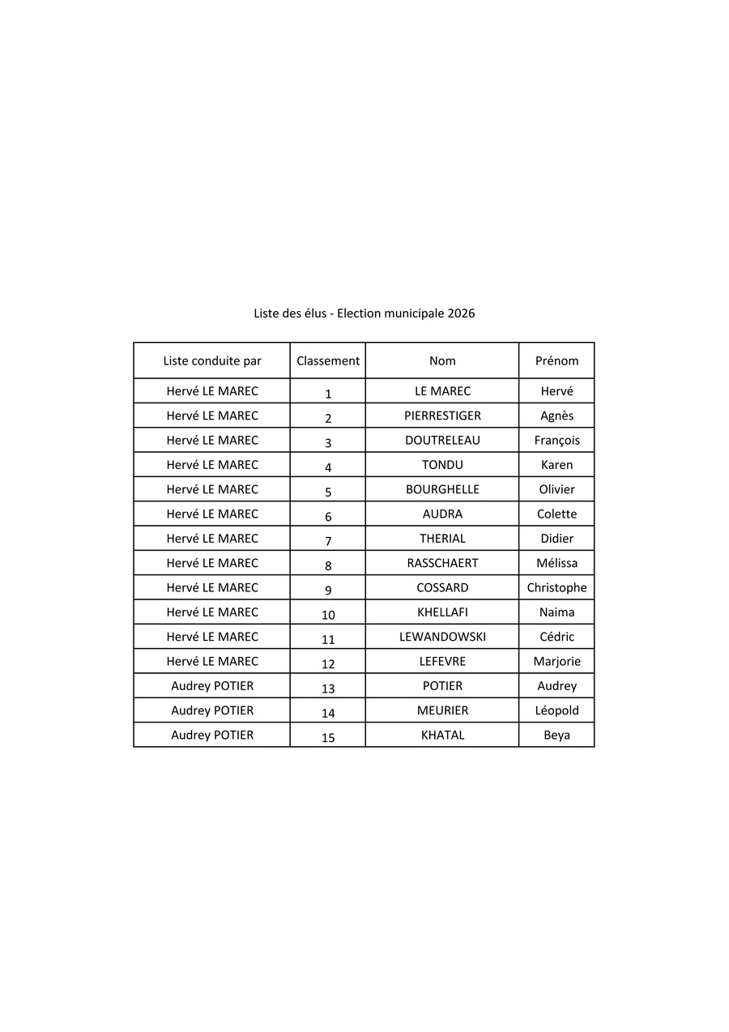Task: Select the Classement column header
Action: point(328,361)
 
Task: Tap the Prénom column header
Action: point(556,361)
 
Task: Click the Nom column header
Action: point(442,361)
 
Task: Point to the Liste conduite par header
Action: point(212,361)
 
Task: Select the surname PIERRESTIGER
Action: point(442,416)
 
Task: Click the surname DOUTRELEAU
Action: point(442,441)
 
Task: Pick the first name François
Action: point(556,441)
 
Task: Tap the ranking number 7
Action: point(328,541)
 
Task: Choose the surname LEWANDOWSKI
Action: point(442,638)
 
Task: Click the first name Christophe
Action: point(556,588)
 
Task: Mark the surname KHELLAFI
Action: point(442,612)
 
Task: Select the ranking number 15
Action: point(328,738)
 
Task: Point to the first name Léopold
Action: point(556,711)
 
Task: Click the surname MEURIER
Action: point(442,711)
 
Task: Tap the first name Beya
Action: point(556,736)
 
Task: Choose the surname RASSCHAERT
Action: point(442,564)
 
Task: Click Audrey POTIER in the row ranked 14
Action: point(212,711)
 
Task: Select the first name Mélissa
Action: point(556,564)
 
